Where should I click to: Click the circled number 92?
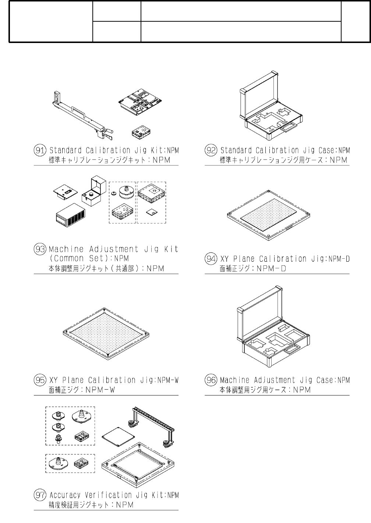(x=211, y=150)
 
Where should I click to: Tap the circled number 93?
(x=40, y=249)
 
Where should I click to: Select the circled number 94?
(x=211, y=259)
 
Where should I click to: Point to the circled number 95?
(x=40, y=380)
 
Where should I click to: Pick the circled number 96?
(x=211, y=380)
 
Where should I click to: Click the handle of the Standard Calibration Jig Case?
(x=289, y=127)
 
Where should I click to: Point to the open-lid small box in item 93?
(x=93, y=191)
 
